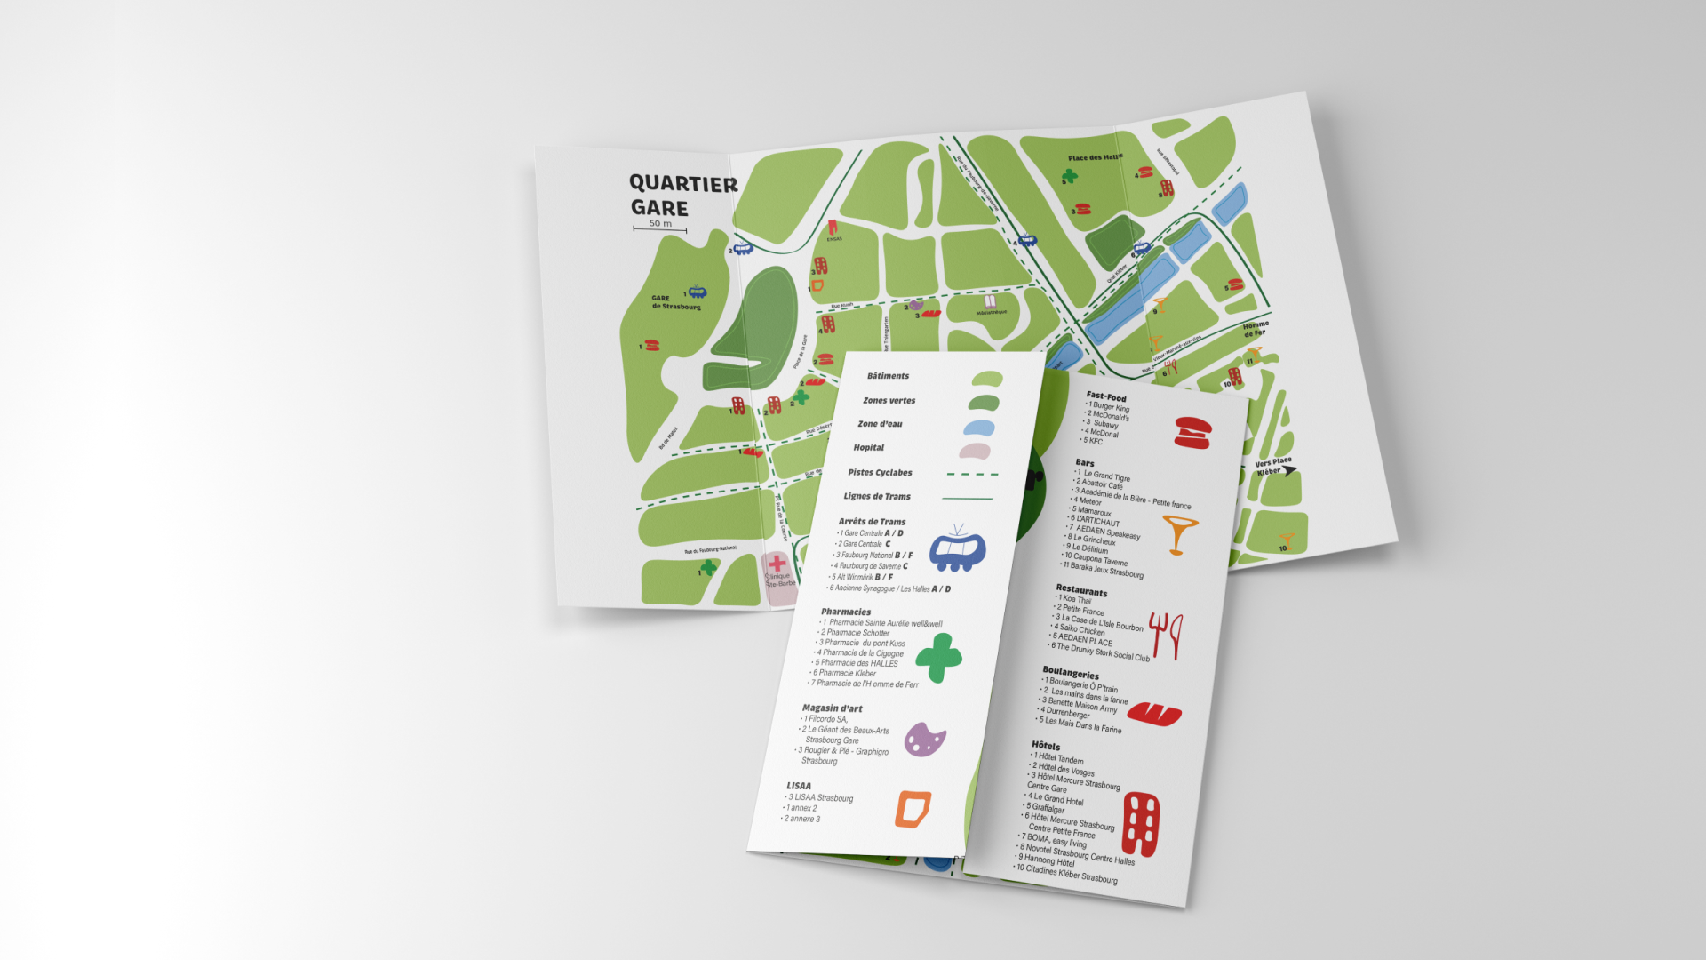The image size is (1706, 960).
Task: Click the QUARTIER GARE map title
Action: [682, 196]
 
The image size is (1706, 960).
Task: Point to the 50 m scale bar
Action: [659, 228]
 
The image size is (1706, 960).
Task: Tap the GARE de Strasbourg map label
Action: [675, 302]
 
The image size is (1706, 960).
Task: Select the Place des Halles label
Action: [1095, 157]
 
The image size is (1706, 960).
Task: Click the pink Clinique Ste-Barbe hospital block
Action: [779, 578]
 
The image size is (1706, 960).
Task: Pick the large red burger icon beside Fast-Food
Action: [1192, 432]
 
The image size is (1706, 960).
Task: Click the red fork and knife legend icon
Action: [1166, 635]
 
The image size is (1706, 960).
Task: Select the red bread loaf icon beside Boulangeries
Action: [1154, 713]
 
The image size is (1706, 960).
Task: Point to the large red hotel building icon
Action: [1141, 823]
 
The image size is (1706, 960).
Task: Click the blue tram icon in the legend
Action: [957, 548]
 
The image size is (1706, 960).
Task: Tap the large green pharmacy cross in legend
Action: [938, 658]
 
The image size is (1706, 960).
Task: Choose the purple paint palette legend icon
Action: [924, 740]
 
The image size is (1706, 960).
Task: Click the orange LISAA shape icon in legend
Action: [913, 808]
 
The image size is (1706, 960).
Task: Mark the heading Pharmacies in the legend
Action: [846, 612]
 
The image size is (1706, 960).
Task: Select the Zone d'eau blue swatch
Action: [978, 428]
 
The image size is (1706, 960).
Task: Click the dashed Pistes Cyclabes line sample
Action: [972, 475]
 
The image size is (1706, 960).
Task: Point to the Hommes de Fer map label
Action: [1256, 329]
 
